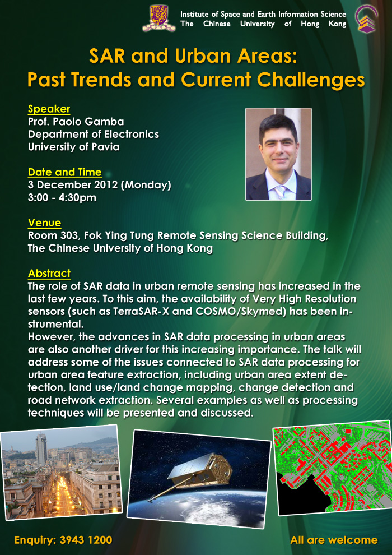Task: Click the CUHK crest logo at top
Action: [158, 18]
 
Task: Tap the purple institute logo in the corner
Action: [367, 18]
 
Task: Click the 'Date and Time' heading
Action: [65, 173]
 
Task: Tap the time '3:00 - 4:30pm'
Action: [62, 197]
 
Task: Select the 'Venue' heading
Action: [45, 223]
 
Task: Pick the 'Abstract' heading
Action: [49, 274]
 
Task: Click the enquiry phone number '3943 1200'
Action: [86, 540]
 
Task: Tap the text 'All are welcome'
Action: [334, 540]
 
